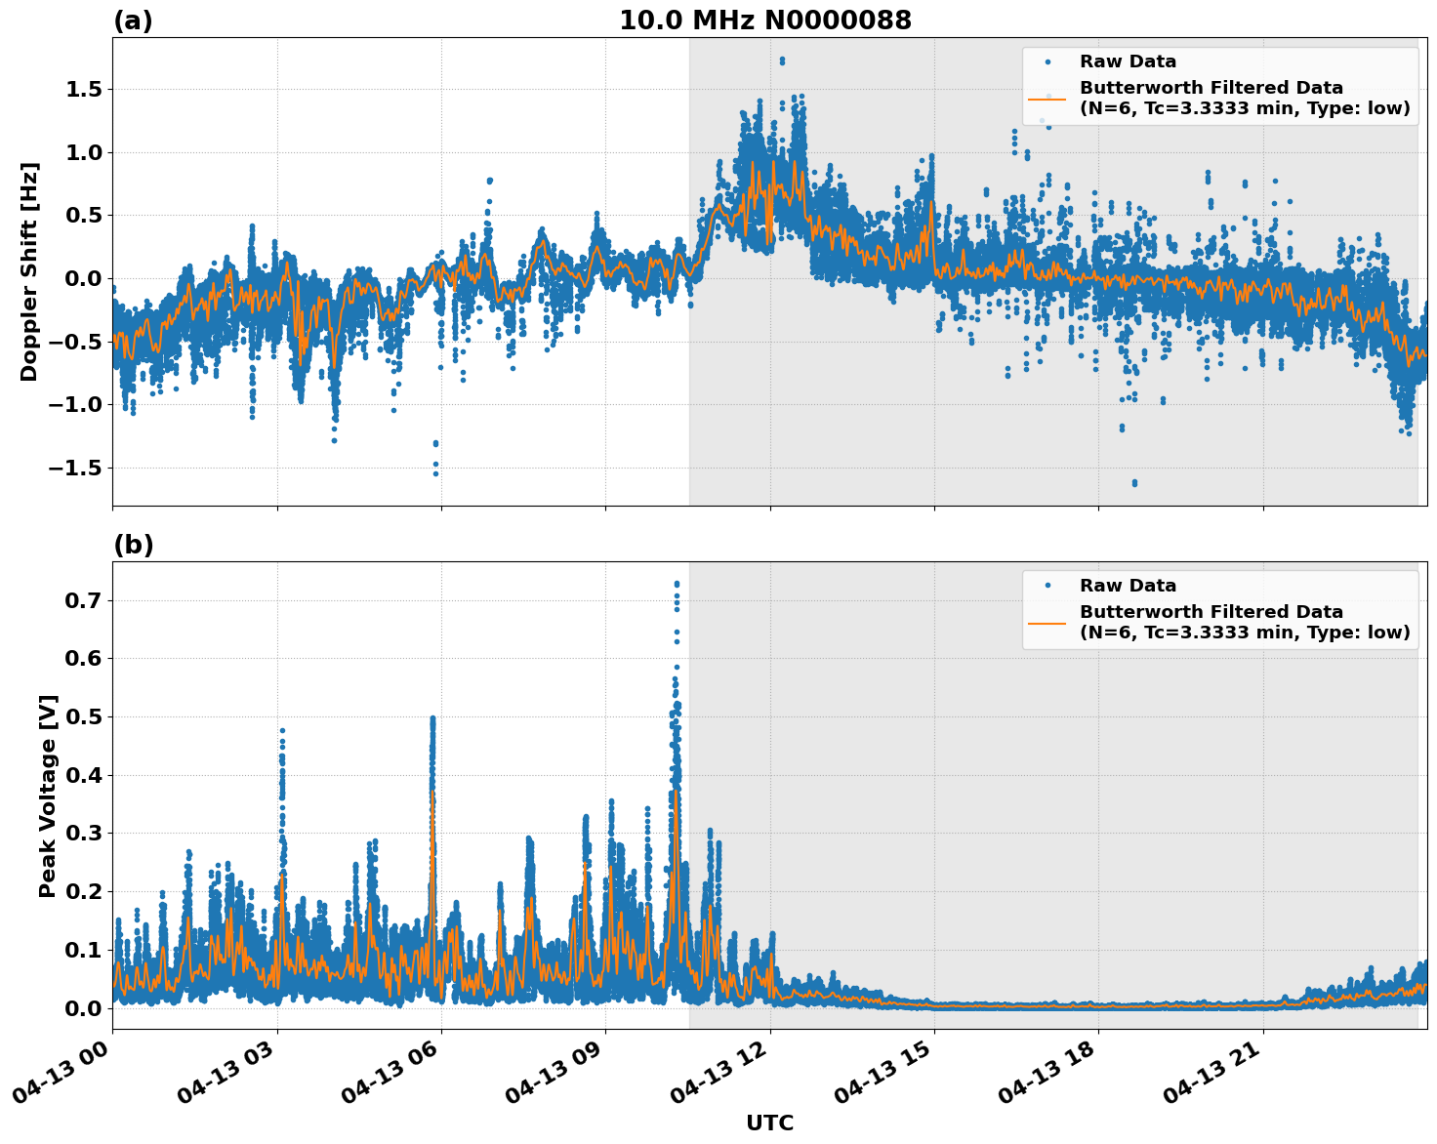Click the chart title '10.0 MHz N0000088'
click(764, 20)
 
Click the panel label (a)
click(133, 20)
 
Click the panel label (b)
click(133, 545)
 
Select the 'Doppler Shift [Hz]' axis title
click(29, 271)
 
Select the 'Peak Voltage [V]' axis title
click(48, 796)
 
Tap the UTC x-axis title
click(769, 1123)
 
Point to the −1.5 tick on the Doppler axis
click(76, 468)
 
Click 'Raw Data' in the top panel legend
click(1128, 61)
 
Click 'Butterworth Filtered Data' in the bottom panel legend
click(1211, 612)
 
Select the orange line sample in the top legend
click(1047, 98)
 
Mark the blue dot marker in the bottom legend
click(1047, 586)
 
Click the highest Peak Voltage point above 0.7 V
click(677, 584)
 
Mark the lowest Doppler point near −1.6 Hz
click(1134, 482)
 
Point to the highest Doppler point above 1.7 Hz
click(782, 61)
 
